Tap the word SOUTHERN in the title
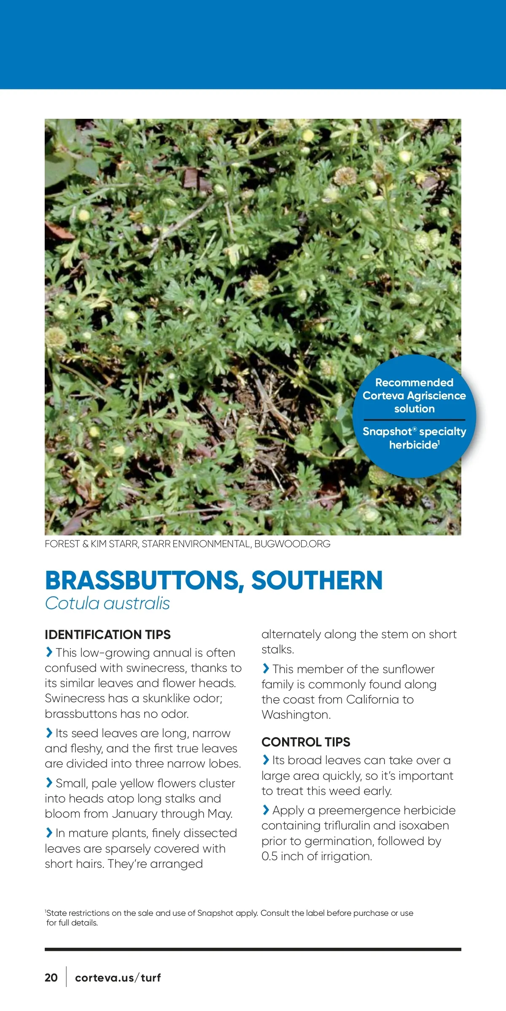point(317,581)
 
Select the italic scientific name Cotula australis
point(108,603)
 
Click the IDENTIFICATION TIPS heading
point(108,634)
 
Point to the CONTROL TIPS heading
point(306,742)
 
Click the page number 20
point(51,977)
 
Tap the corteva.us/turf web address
point(118,977)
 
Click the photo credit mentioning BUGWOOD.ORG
point(188,544)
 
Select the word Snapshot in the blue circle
point(387,431)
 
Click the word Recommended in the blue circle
point(414,382)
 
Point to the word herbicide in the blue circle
point(413,445)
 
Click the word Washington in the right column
point(295,714)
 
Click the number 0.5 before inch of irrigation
point(269,856)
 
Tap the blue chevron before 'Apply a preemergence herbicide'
point(266,810)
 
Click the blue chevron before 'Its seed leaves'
point(49,733)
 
